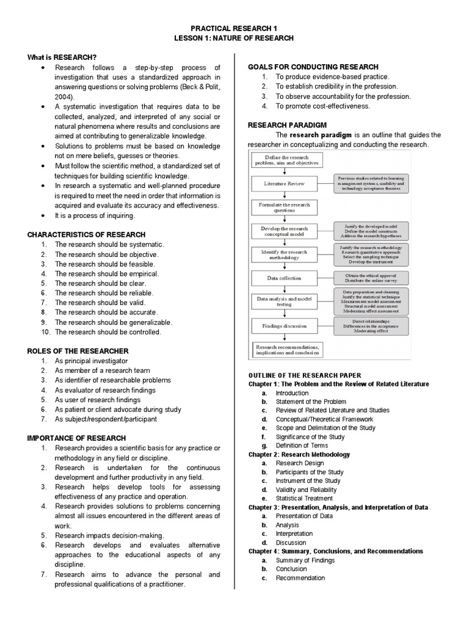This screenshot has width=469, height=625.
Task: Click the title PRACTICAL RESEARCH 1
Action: coord(234,28)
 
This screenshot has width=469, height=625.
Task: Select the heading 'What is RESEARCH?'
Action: coord(62,57)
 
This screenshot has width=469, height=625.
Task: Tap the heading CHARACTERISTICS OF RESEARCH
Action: coord(87,234)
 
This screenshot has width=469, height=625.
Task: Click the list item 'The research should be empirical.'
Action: coord(107,274)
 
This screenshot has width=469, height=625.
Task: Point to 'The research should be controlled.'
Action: coord(108,332)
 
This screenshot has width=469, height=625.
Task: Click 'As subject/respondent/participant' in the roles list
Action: coord(106,419)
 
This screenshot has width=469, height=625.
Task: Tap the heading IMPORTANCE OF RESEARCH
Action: coord(77,438)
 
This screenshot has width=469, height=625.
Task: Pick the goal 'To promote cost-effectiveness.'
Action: coord(323,106)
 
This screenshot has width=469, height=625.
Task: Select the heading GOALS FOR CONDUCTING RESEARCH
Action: coord(313,67)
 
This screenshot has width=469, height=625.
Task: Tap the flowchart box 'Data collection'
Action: coord(284,278)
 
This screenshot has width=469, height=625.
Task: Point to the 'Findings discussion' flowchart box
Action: coord(284,326)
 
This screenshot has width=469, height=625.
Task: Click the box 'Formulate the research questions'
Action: coord(284,206)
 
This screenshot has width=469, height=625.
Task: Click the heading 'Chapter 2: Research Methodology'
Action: coord(299,455)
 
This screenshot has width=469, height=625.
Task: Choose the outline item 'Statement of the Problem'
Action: coord(311,402)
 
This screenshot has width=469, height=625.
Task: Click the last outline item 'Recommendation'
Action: coord(300,578)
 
